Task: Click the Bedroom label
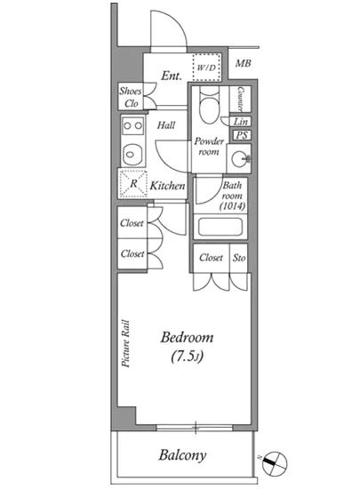pyautogui.click(x=187, y=338)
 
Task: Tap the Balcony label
pyautogui.click(x=182, y=455)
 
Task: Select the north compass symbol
pyautogui.click(x=275, y=464)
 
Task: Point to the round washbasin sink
pyautogui.click(x=240, y=159)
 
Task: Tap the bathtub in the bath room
pyautogui.click(x=220, y=227)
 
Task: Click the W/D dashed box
pyautogui.click(x=206, y=68)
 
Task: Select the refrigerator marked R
pyautogui.click(x=133, y=183)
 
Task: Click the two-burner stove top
pyautogui.click(x=133, y=126)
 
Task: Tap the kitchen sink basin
pyautogui.click(x=133, y=155)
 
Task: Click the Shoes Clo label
pyautogui.click(x=131, y=97)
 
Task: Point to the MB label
pyautogui.click(x=244, y=63)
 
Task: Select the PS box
pyautogui.click(x=242, y=135)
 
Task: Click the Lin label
pyautogui.click(x=241, y=122)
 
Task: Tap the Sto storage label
pyautogui.click(x=239, y=258)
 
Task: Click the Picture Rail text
pyautogui.click(x=125, y=343)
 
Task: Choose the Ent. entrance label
pyautogui.click(x=172, y=76)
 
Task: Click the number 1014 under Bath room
pyautogui.click(x=233, y=206)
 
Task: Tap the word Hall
pyautogui.click(x=166, y=125)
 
